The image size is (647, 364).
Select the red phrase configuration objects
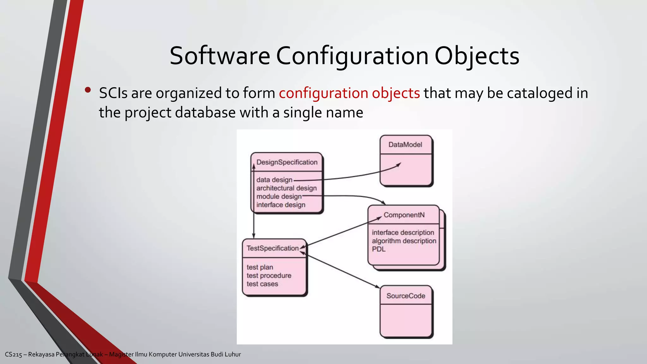tap(349, 93)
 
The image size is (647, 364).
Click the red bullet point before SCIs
tap(88, 90)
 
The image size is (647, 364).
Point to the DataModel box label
tap(405, 145)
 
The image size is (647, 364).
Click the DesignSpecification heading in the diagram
tap(287, 162)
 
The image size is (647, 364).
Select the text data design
tap(274, 180)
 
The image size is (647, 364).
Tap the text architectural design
tap(286, 188)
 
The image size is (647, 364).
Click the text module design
tap(279, 197)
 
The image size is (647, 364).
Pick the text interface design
tap(281, 205)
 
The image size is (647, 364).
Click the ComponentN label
tap(404, 215)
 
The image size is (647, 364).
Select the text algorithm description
tap(404, 241)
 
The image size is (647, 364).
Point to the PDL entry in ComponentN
tap(378, 249)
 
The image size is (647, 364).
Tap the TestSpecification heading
tap(272, 248)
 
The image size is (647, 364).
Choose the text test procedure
tap(269, 276)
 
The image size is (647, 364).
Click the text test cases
tap(262, 284)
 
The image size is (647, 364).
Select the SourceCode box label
tap(406, 296)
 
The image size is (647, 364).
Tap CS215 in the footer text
tap(13, 355)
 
